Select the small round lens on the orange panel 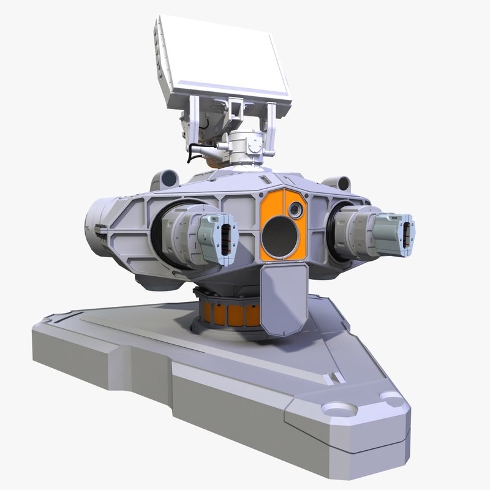click(296, 210)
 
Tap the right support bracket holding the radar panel click(269, 126)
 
